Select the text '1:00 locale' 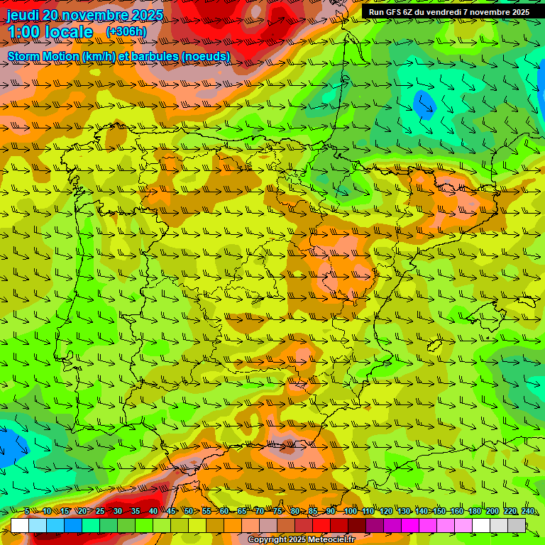(50, 32)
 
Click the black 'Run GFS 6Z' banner (448, 12)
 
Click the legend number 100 (351, 511)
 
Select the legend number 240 (527, 511)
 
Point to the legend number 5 (27, 511)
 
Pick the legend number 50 (189, 511)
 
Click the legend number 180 (474, 511)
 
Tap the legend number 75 (278, 511)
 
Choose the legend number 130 (403, 511)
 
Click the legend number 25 (100, 511)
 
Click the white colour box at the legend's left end (20, 525)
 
